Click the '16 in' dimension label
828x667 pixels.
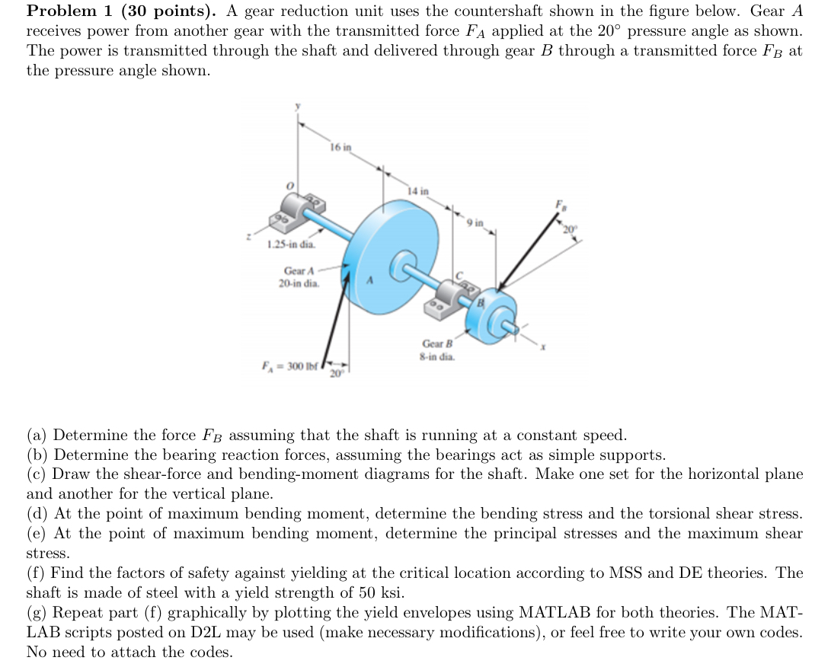[x=340, y=146]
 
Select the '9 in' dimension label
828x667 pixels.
[x=475, y=223]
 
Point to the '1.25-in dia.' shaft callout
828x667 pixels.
[x=290, y=244]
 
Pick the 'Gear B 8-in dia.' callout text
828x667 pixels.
[x=438, y=349]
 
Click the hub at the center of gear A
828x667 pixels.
[x=401, y=266]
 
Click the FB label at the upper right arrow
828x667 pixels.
[x=563, y=204]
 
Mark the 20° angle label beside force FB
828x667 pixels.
[x=570, y=228]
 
